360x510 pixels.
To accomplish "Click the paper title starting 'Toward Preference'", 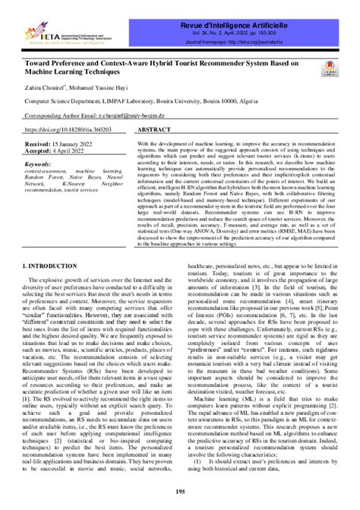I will coord(163,67).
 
